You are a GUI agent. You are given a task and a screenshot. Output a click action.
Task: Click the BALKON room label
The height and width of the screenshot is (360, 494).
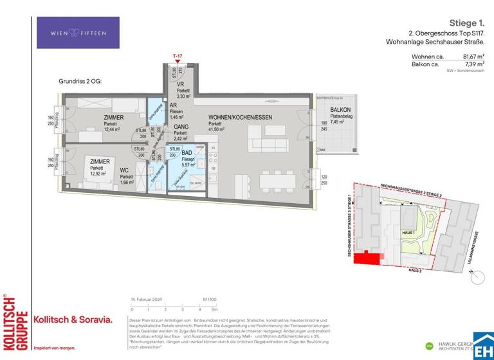click(340, 110)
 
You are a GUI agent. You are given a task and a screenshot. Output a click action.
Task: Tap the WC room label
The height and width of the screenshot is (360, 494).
click(125, 170)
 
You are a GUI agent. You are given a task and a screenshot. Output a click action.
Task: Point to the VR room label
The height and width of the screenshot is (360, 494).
click(181, 84)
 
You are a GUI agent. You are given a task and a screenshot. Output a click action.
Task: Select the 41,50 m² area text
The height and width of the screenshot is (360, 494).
click(215, 129)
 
